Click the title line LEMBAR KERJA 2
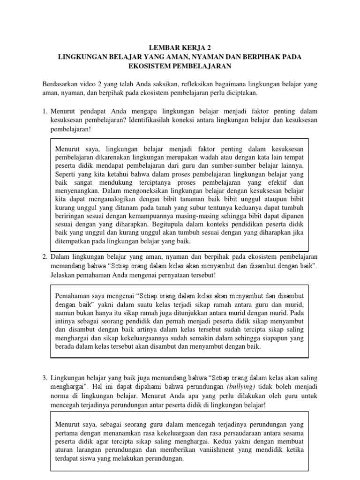180,47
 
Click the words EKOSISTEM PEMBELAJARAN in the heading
180,66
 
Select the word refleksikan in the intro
175,84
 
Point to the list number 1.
45,111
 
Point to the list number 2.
45,257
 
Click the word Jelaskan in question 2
64,275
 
